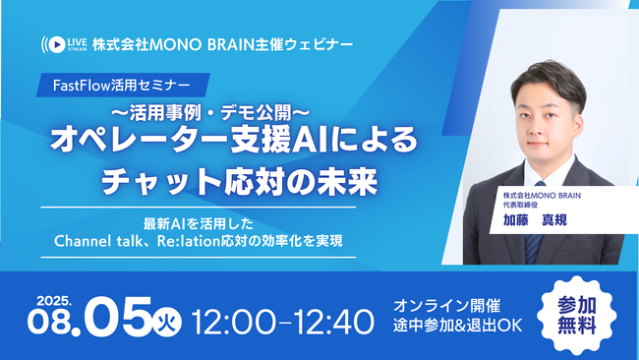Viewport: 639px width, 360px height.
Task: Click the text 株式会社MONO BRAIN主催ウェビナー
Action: point(221,43)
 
